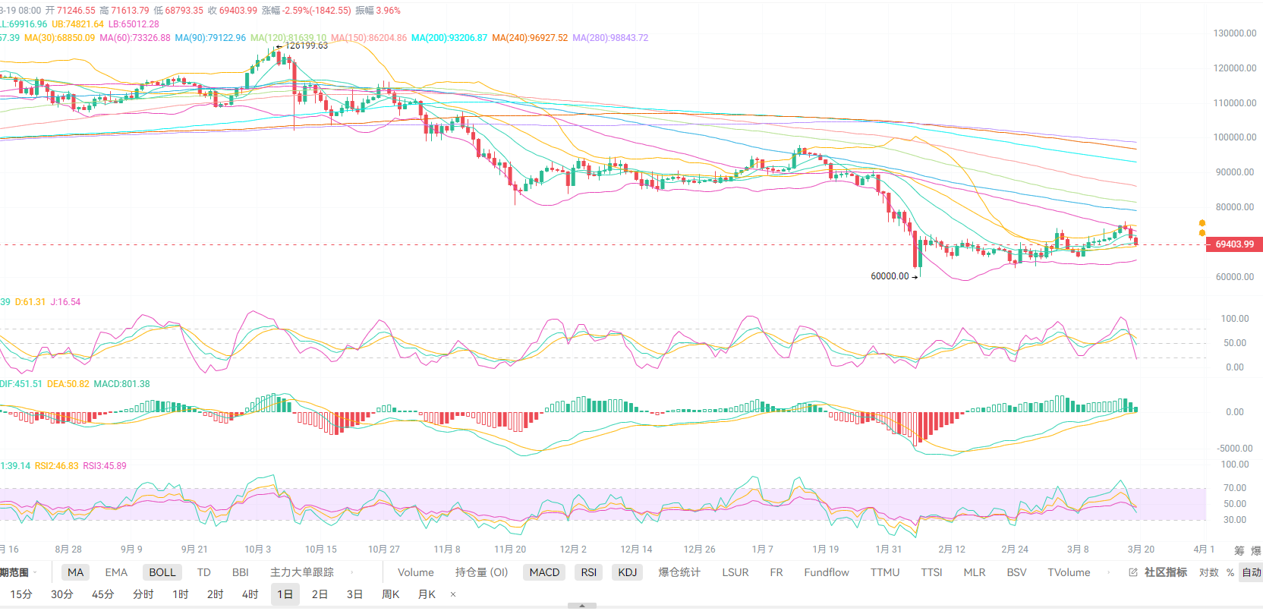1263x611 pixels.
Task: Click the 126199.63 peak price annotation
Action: tap(306, 46)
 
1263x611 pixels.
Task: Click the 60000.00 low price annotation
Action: tap(890, 276)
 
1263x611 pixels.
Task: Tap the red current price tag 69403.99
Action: tap(1234, 244)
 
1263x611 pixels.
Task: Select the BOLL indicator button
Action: tap(162, 572)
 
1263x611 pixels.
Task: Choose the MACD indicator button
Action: tap(544, 572)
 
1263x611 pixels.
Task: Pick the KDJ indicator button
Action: tap(627, 572)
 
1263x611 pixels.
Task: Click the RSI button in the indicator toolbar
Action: tap(588, 572)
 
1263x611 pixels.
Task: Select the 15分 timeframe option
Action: tap(21, 594)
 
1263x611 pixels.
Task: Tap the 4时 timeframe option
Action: tap(250, 594)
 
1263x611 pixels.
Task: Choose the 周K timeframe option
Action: tap(390, 594)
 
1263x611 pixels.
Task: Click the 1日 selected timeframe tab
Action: tap(285, 594)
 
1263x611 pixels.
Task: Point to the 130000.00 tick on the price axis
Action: tap(1235, 33)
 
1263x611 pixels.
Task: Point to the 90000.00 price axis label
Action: tap(1235, 172)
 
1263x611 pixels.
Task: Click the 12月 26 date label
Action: tap(699, 550)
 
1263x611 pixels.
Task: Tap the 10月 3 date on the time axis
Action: tap(257, 550)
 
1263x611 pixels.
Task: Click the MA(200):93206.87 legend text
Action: tap(449, 38)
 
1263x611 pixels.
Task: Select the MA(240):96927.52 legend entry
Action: tap(529, 38)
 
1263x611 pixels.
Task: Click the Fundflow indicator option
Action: tap(827, 572)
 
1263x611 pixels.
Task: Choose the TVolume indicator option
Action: tap(1069, 572)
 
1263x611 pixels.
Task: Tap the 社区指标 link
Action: tap(1165, 572)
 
